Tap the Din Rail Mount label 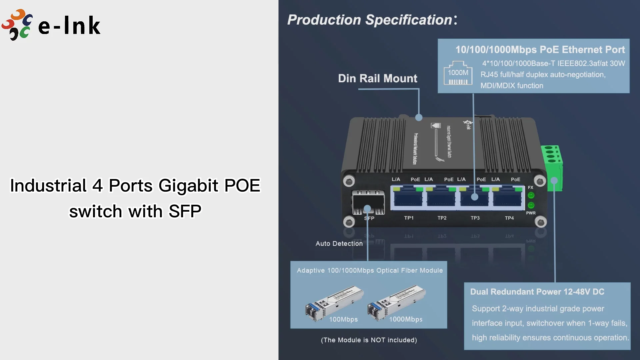(x=377, y=78)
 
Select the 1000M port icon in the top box (x=458, y=73)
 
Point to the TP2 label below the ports (x=442, y=218)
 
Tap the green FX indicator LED (x=531, y=195)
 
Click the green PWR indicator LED (x=531, y=205)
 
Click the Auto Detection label (x=339, y=244)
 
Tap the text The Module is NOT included (x=369, y=340)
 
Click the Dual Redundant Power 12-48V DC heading (x=537, y=292)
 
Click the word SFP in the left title (x=185, y=211)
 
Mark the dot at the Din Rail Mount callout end (x=419, y=118)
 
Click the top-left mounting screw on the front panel (x=349, y=181)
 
